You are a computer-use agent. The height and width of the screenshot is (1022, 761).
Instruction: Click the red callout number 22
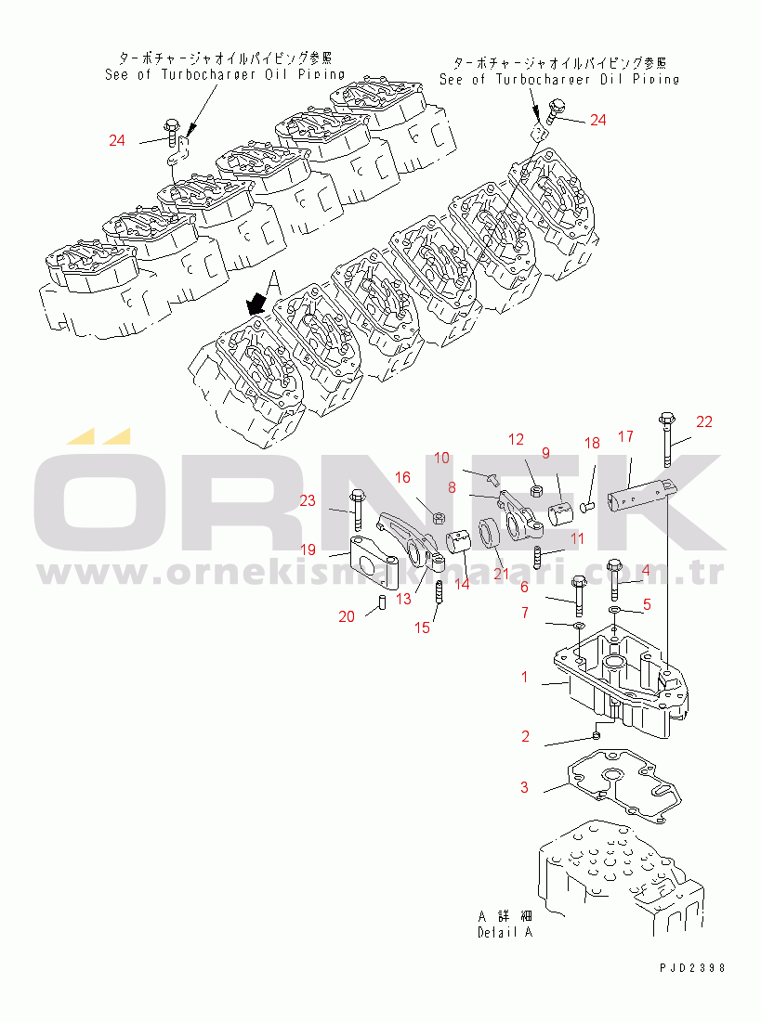[704, 422]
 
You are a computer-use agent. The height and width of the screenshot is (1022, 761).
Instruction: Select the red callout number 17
[625, 435]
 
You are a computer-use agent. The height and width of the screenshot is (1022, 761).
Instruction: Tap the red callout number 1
[524, 678]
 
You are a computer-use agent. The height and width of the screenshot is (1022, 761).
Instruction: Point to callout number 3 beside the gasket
[524, 787]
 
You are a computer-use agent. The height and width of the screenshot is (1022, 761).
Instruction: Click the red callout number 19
[308, 550]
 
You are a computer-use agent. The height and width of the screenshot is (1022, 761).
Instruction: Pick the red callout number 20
[347, 616]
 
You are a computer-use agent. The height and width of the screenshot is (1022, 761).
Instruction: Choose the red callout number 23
[308, 501]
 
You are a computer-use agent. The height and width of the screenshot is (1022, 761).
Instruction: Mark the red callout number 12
[516, 440]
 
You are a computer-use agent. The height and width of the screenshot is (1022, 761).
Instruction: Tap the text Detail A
[505, 932]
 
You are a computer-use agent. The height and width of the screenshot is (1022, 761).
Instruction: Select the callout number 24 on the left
[116, 141]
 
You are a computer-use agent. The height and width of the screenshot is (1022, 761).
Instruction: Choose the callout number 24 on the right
[597, 121]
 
